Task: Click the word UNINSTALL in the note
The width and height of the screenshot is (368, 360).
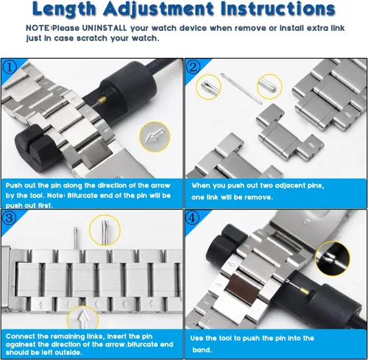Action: (105, 28)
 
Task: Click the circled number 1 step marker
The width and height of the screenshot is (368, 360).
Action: (9, 67)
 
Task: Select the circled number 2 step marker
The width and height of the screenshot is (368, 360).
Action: (193, 67)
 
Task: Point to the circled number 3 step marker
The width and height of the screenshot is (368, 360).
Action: (9, 217)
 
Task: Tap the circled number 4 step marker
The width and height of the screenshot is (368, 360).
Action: (192, 218)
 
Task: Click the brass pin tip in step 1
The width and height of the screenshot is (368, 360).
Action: (102, 99)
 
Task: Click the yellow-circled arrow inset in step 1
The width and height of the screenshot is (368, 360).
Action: (155, 136)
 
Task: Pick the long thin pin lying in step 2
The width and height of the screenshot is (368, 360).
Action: (241, 88)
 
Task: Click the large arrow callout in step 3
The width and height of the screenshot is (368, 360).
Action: (82, 318)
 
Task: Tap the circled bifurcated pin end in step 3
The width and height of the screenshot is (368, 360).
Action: (105, 230)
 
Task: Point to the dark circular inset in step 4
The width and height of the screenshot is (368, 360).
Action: (333, 258)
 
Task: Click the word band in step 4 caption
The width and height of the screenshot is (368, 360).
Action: (202, 350)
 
